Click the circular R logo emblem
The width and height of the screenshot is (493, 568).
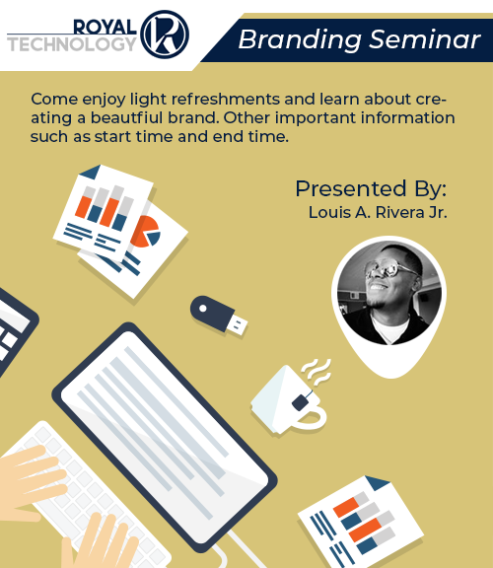[x=165, y=35]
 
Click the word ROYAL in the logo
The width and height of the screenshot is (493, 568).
[x=105, y=28]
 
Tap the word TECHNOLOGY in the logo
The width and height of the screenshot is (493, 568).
[x=72, y=44]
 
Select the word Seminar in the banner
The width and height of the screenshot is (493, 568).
[x=425, y=39]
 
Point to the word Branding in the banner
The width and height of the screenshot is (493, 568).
[x=300, y=40]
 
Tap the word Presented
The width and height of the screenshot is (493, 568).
[x=350, y=188]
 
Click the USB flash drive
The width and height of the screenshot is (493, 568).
[x=219, y=315]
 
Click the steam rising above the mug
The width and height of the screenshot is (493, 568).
[x=317, y=372]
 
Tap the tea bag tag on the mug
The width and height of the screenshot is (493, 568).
[x=301, y=402]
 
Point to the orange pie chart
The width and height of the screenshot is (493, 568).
[x=145, y=231]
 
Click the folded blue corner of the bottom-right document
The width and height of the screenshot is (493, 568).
[x=377, y=483]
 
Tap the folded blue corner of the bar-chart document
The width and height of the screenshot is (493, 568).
[x=92, y=172]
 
